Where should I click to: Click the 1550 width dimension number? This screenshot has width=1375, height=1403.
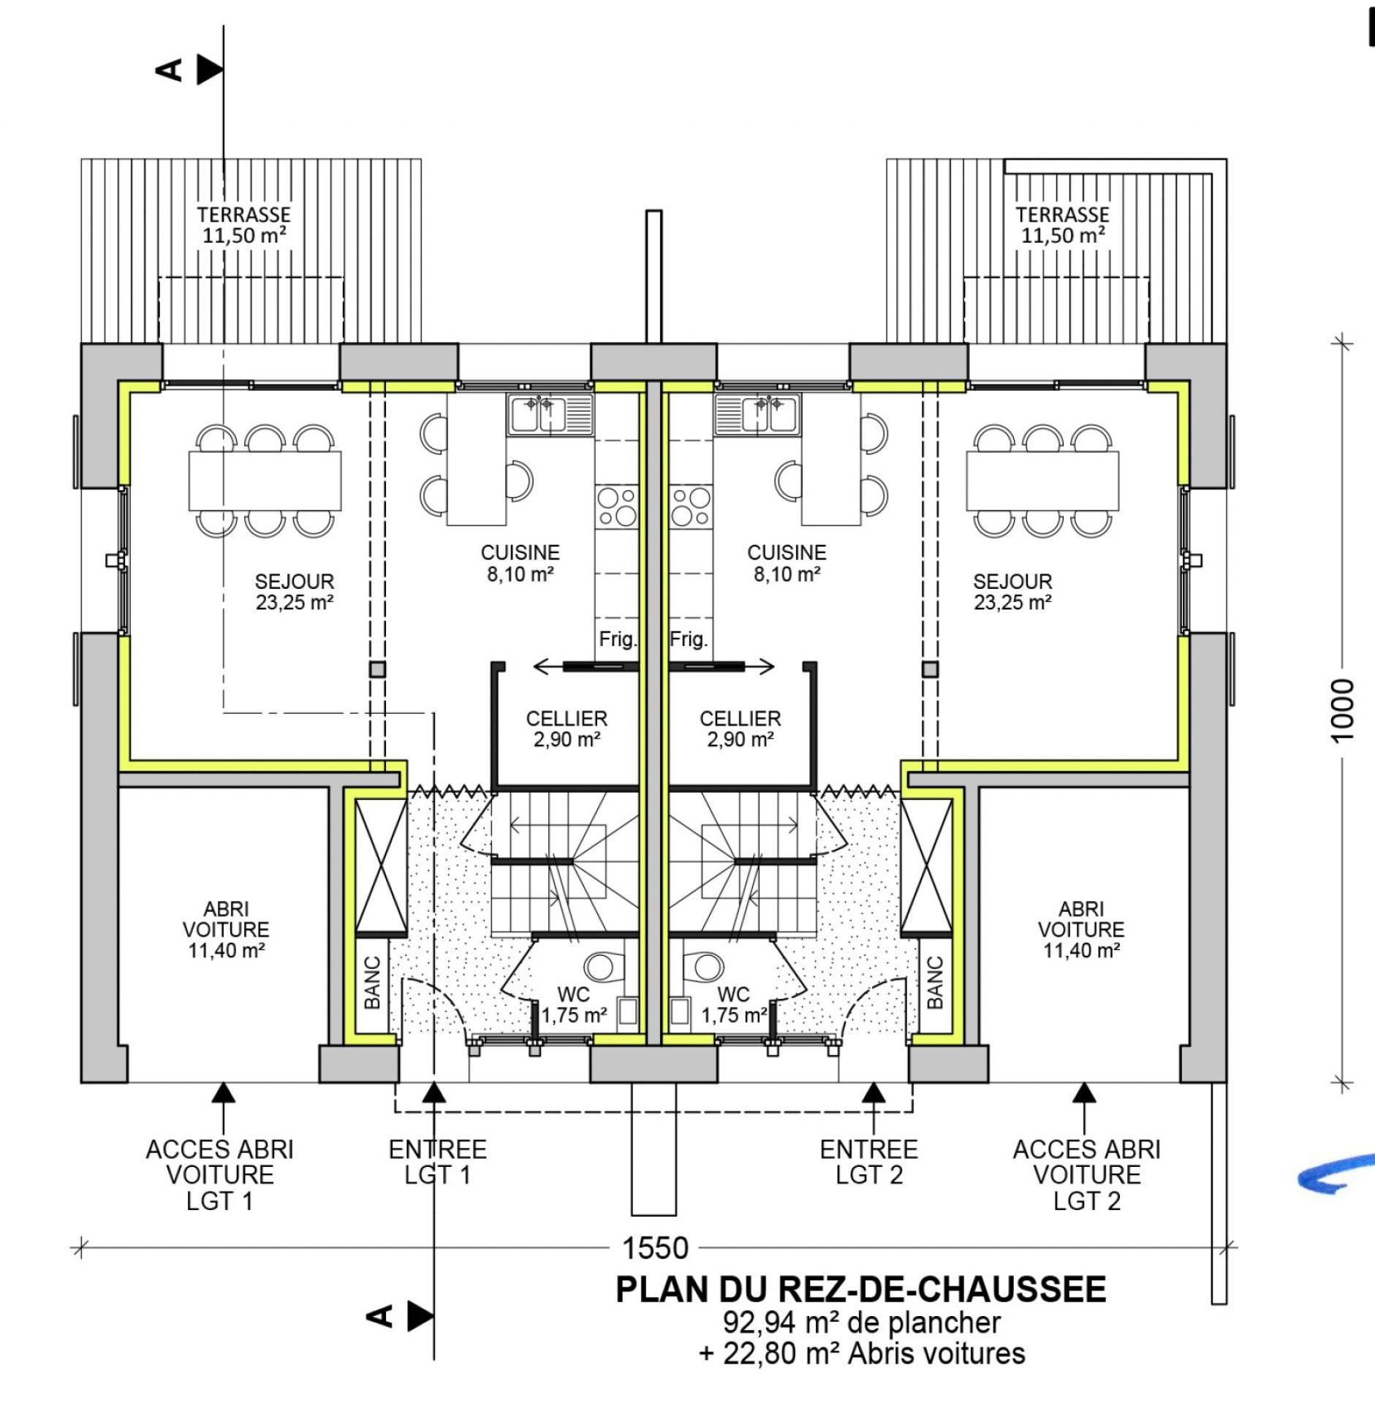point(655,1247)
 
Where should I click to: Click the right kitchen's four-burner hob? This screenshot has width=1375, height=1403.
point(690,506)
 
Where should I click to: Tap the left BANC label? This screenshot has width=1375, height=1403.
point(372,984)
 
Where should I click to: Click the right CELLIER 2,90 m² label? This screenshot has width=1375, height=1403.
point(740,729)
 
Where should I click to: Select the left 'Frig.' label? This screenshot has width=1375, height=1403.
point(618,639)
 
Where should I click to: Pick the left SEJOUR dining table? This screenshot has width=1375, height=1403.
point(265,481)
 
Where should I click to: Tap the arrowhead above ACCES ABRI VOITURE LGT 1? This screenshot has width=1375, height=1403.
point(224,1092)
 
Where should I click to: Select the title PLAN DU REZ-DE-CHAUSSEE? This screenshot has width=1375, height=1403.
point(860,1290)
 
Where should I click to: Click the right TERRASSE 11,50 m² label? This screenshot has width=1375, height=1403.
point(1062,224)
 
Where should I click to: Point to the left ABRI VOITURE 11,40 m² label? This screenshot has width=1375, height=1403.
point(226,929)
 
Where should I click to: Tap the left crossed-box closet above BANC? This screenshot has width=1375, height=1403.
point(381,867)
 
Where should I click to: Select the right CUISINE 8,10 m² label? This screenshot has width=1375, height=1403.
point(787,563)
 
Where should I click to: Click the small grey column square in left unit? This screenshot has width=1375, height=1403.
point(377,669)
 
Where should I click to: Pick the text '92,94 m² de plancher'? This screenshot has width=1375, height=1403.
point(861,1322)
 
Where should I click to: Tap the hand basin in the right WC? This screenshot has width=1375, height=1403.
point(680,1012)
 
